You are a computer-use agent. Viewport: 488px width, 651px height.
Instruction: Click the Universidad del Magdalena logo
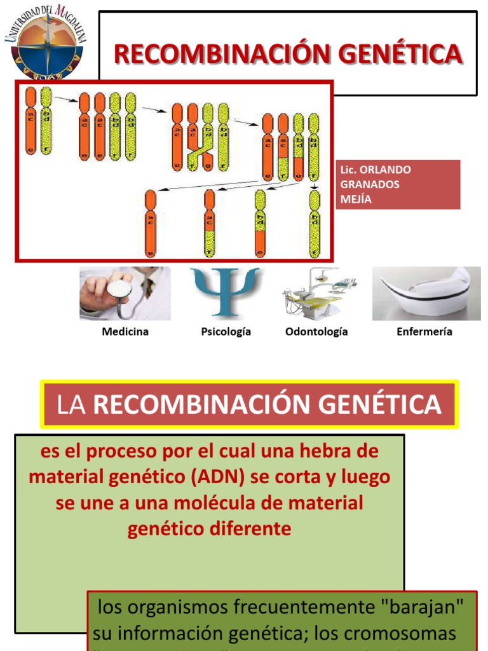coord(46,43)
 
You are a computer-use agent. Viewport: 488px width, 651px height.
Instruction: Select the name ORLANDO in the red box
coord(385,170)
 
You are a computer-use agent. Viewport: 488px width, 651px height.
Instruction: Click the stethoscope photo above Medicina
coord(125,293)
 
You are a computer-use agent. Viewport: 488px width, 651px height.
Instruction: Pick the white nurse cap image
coord(426,292)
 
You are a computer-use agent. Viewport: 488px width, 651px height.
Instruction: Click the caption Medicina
coord(125,332)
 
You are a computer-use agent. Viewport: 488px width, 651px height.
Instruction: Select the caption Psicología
coord(226,332)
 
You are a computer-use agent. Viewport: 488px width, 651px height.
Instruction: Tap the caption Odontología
coord(316,332)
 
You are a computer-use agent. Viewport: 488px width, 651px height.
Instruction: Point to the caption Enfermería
coord(424,332)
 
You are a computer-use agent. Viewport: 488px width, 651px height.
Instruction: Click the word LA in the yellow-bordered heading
coord(71,405)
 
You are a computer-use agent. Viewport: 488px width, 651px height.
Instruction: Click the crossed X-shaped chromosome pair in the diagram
coord(200,146)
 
